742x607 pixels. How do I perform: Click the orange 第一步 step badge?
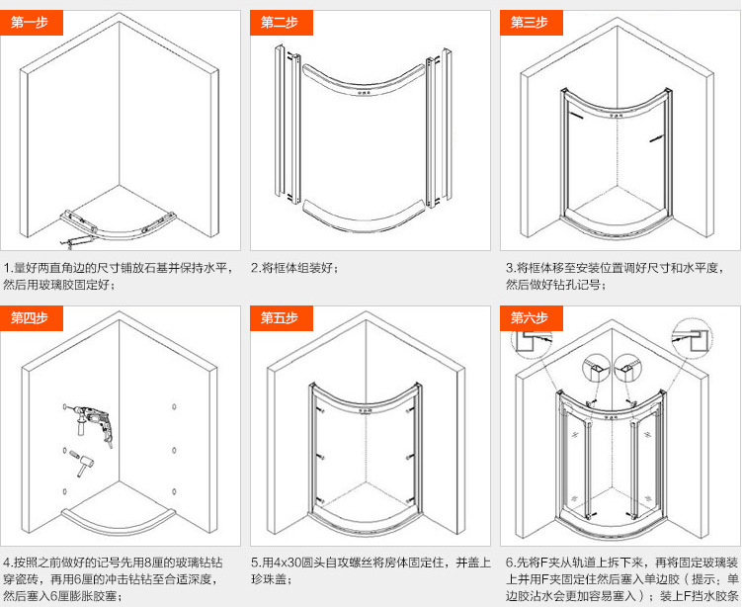[31, 23]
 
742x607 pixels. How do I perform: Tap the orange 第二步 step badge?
[280, 23]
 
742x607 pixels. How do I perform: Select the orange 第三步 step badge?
[529, 23]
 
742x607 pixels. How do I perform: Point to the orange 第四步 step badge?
[31, 317]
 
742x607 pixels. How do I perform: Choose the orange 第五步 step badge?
[280, 317]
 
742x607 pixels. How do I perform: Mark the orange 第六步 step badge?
[529, 317]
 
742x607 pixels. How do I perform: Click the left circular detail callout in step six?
[596, 368]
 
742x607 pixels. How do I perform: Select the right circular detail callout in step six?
[630, 368]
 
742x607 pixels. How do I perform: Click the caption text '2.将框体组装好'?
[296, 268]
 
